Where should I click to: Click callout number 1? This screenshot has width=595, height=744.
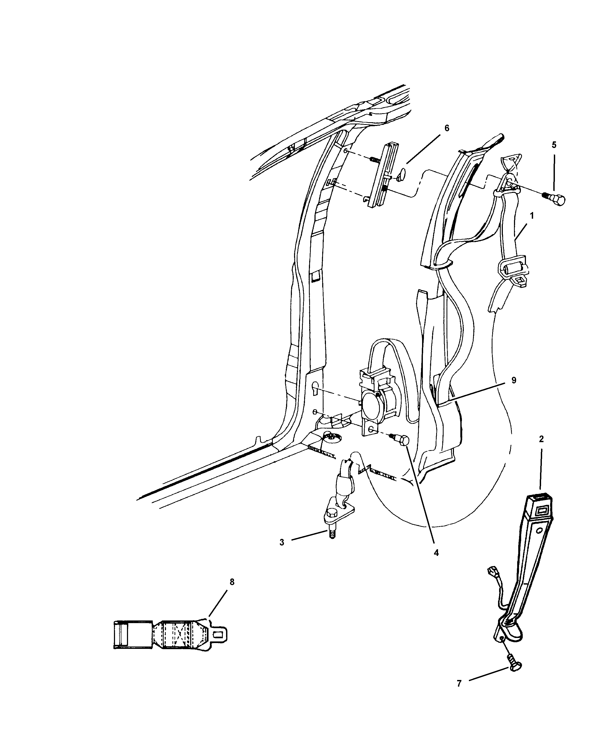532,216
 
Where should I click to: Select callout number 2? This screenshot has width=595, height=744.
541,439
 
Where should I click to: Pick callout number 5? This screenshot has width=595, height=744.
554,145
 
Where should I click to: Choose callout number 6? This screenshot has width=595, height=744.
447,128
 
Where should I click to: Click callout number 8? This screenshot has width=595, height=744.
232,582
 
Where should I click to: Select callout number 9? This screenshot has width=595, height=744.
514,380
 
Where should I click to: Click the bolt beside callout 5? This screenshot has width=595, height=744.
556,199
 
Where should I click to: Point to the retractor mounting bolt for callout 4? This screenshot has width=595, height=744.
402,441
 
